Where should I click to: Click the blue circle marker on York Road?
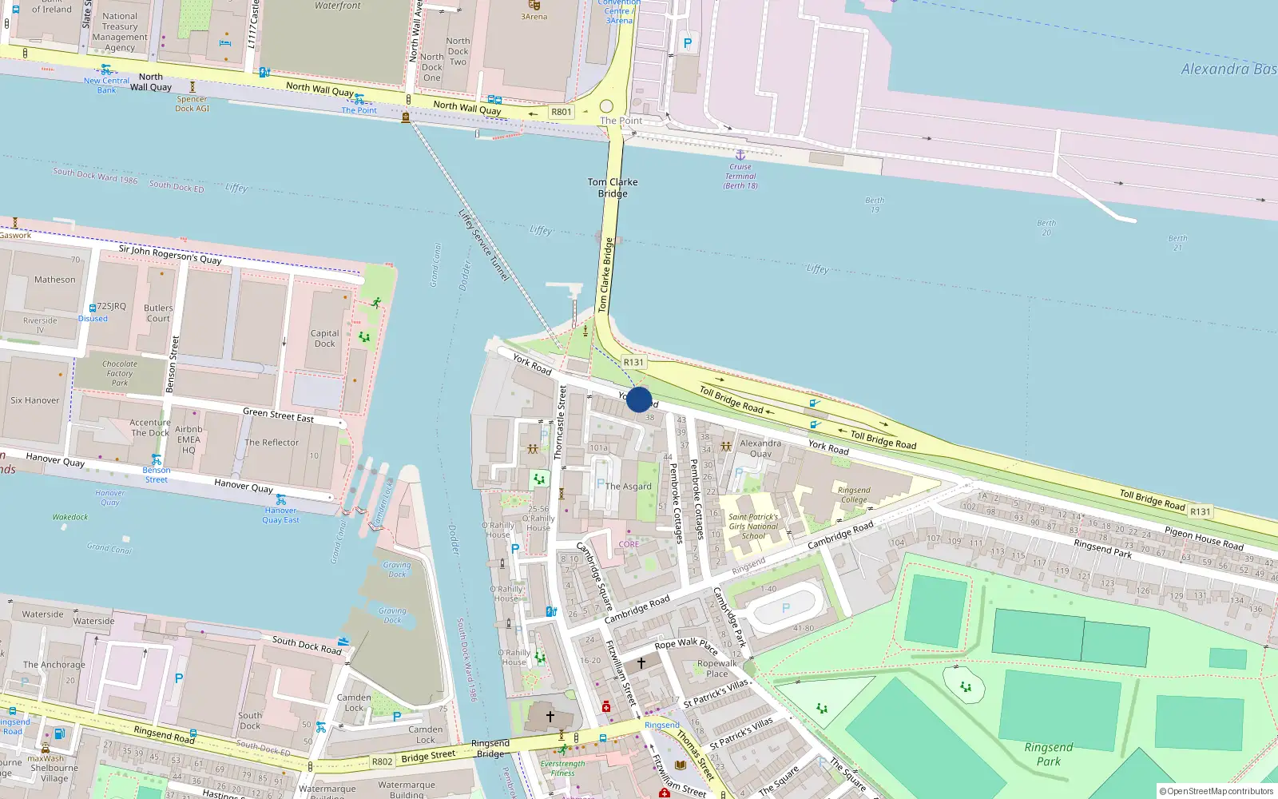(x=639, y=399)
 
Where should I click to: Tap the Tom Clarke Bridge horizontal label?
(x=613, y=188)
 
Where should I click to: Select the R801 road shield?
(x=562, y=112)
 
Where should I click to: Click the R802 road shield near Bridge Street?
(x=383, y=761)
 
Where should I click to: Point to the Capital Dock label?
(x=324, y=339)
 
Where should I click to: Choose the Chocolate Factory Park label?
(x=120, y=373)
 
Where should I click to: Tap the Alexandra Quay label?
(x=760, y=448)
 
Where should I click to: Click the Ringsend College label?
(x=854, y=495)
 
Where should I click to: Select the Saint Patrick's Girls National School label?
(x=753, y=527)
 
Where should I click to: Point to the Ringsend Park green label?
(x=1049, y=754)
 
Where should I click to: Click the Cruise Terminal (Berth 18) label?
(x=740, y=177)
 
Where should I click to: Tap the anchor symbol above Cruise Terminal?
(x=740, y=155)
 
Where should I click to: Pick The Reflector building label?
(x=272, y=443)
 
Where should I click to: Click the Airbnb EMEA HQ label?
(x=189, y=439)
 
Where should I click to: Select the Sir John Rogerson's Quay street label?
(x=170, y=255)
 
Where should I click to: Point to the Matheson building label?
(x=55, y=280)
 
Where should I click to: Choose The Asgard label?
(x=629, y=486)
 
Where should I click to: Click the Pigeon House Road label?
(x=1204, y=539)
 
